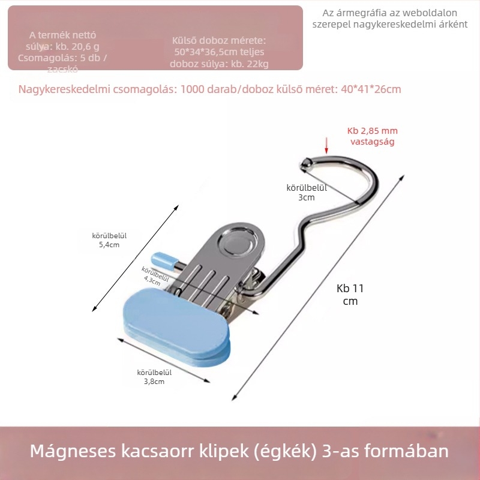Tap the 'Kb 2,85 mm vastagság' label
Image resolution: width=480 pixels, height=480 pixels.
pyautogui.click(x=372, y=136)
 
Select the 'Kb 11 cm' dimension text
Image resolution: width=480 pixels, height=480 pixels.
pyautogui.click(x=350, y=294)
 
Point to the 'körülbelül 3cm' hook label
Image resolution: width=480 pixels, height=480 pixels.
pyautogui.click(x=307, y=192)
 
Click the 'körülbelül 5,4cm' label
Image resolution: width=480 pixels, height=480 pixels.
pyautogui.click(x=109, y=240)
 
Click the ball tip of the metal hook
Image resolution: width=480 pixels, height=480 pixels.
pyautogui.click(x=305, y=161)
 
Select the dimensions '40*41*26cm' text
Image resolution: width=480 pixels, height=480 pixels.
pyautogui.click(x=371, y=89)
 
